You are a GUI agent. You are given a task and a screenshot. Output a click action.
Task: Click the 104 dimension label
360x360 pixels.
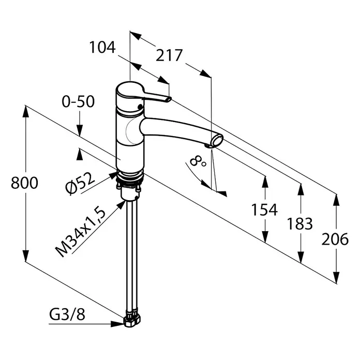click(102, 48)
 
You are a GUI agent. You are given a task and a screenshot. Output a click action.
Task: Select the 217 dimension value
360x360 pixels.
click(169, 55)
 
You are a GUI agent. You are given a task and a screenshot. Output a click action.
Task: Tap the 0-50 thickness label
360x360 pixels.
click(78, 101)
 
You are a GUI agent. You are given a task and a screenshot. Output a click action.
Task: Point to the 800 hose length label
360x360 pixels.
click(24, 183)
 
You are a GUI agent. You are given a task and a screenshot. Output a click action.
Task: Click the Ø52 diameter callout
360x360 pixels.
click(80, 184)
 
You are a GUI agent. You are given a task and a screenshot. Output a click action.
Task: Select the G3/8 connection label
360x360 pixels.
click(67, 314)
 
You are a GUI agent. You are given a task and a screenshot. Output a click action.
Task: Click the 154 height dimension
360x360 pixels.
click(264, 209)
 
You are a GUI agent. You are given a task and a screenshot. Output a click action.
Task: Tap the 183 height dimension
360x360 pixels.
click(300, 224)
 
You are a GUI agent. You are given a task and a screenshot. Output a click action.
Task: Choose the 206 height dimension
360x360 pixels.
click(335, 239)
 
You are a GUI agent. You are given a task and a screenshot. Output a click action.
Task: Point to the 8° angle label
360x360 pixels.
click(198, 161)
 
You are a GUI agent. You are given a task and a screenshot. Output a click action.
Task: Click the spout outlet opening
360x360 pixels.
click(217, 140)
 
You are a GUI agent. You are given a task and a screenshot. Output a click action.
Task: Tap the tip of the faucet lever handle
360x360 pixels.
click(169, 99)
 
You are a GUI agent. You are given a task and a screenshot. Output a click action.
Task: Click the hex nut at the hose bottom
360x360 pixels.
click(132, 320)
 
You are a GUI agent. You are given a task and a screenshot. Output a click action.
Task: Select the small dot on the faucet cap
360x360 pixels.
click(139, 107)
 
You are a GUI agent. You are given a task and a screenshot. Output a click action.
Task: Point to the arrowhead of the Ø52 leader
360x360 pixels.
click(113, 176)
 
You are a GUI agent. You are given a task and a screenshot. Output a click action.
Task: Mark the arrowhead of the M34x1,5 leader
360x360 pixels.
click(122, 205)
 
